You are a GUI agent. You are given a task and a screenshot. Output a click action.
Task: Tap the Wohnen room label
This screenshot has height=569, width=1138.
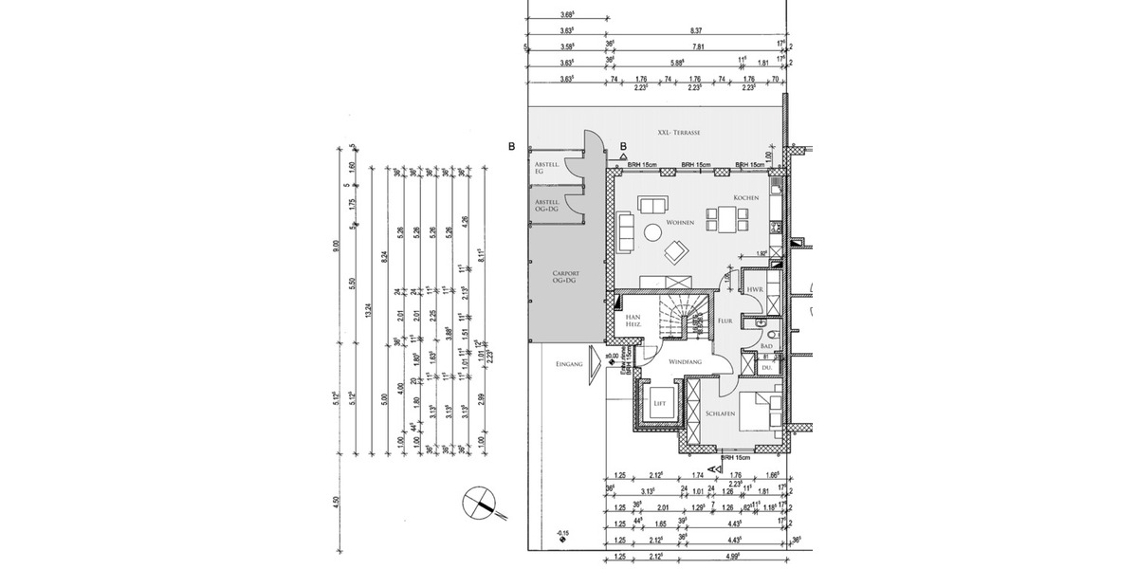pyautogui.click(x=680, y=223)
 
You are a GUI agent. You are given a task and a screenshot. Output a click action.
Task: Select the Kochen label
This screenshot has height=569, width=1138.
pyautogui.click(x=744, y=197)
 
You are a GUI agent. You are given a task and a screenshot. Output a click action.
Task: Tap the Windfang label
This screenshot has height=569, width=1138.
pyautogui.click(x=684, y=362)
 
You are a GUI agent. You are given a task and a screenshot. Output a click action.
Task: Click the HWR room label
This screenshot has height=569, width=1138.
pyautogui.click(x=756, y=289)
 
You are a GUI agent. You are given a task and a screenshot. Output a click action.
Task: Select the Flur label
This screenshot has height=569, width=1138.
pyautogui.click(x=725, y=321)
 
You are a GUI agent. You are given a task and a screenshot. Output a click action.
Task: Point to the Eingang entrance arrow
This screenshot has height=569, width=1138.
pyautogui.click(x=596, y=361)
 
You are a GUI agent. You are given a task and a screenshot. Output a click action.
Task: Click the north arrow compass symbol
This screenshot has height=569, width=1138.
pyautogui.click(x=482, y=502)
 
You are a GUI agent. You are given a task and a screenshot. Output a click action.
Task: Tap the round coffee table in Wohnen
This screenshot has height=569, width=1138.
pyautogui.click(x=653, y=231)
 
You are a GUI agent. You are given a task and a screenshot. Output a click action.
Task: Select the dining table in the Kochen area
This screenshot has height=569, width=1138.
pyautogui.click(x=729, y=221)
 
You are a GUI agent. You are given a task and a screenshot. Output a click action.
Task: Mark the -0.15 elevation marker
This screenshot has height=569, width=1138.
pyautogui.click(x=563, y=534)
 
